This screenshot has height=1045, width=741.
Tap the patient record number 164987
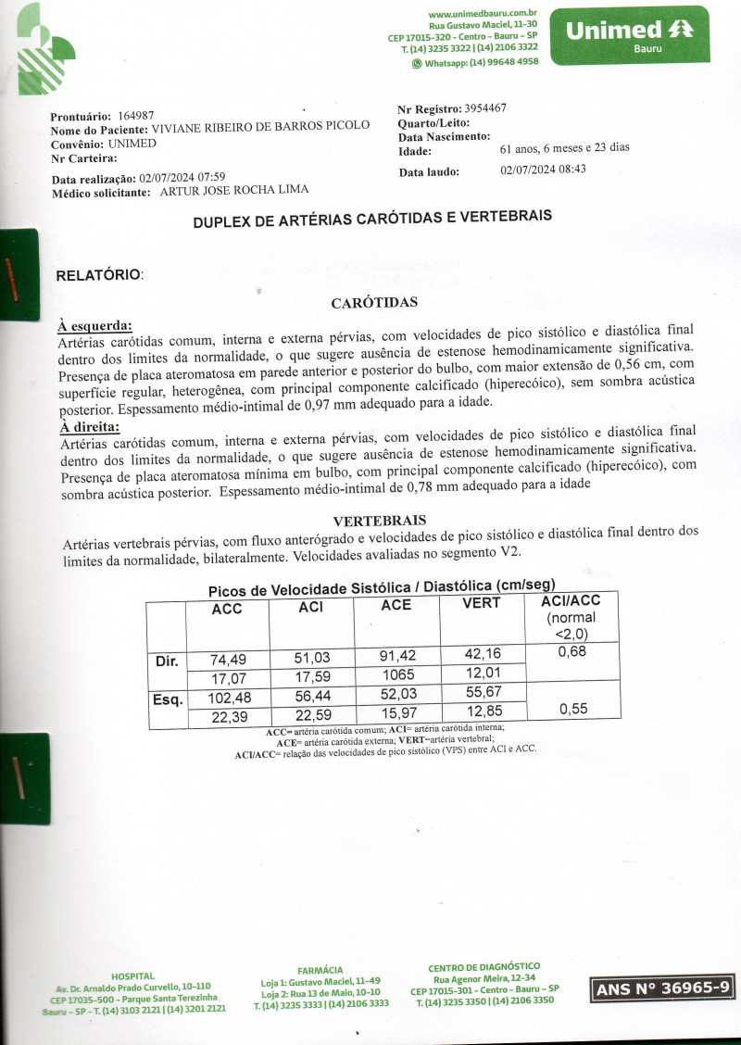point(135,115)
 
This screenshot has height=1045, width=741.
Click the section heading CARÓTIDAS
point(375,303)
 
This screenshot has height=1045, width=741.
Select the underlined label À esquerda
point(94,325)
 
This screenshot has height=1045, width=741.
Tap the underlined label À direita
point(89,427)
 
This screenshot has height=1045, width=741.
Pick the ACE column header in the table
point(396,605)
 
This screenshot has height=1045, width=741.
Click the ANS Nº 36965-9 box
point(662,989)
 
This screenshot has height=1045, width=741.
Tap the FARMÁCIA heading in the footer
point(320,969)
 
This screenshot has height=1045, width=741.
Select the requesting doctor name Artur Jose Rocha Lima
point(234,191)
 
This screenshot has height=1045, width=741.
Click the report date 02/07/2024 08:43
point(543,170)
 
